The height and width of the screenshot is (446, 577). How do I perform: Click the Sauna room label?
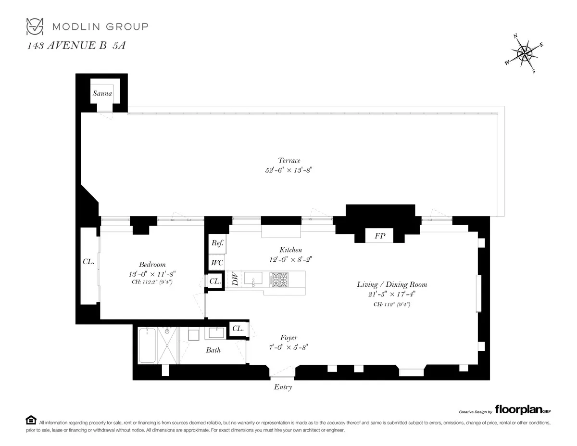click(102, 93)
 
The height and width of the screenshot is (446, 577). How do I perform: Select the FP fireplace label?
click(379, 237)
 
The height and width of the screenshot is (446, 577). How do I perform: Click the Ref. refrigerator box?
click(217, 243)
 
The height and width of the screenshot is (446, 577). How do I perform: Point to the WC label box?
click(217, 263)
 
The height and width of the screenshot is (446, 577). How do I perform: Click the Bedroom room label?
click(152, 265)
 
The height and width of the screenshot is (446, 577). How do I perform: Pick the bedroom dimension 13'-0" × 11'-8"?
click(152, 274)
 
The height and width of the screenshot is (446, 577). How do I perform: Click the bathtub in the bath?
click(147, 345)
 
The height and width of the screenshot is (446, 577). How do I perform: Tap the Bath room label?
click(213, 350)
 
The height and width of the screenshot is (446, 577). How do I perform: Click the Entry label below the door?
click(283, 387)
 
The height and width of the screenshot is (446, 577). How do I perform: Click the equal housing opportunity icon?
click(31, 420)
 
